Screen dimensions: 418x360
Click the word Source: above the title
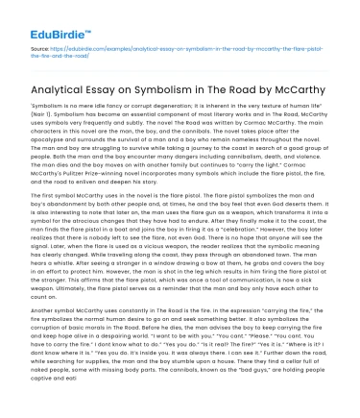click(x=41, y=46)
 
